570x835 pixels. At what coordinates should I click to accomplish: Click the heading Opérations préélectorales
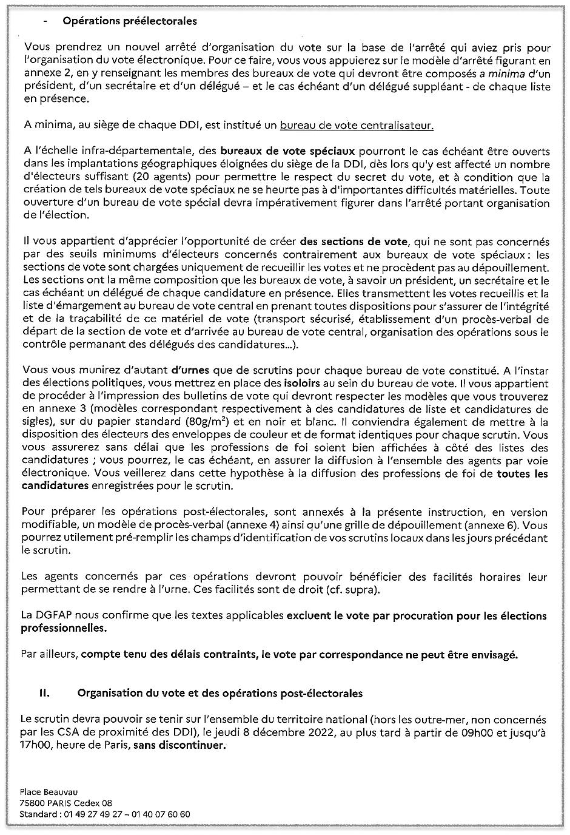point(130,21)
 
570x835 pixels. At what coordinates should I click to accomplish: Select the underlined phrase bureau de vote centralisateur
point(357,126)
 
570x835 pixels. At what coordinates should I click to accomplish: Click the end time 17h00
point(36,745)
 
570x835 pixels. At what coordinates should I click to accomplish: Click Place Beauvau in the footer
point(49,792)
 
